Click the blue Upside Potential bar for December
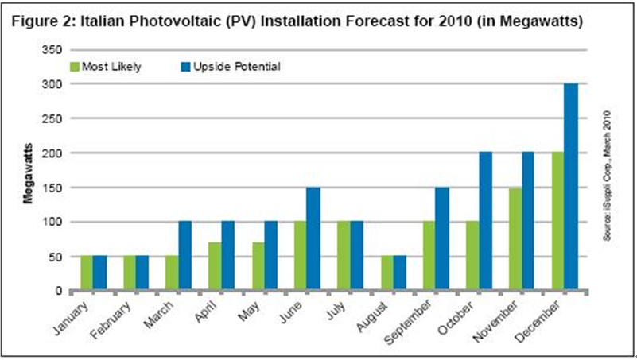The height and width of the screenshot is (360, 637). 571,187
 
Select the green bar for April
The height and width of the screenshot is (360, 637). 215,267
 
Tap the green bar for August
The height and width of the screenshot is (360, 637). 386,273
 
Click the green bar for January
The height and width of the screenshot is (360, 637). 86,273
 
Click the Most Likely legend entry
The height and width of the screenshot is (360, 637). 111,67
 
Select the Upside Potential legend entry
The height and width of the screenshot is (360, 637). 242,67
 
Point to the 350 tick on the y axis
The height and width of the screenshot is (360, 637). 55,48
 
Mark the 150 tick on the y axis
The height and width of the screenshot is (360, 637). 55,187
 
